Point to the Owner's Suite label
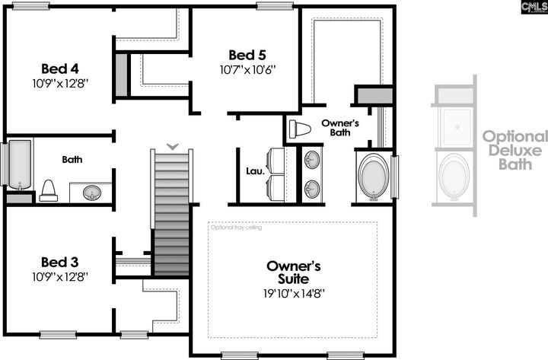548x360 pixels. tap(294, 272)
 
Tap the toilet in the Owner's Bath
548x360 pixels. tap(301, 129)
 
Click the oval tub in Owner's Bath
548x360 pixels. tap(372, 177)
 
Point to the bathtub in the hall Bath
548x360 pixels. tap(19, 164)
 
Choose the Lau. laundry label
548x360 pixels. tap(255, 172)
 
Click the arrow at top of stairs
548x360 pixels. tap(173, 145)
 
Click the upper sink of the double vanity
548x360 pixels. tap(312, 161)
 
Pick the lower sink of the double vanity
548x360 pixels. tap(312, 187)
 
